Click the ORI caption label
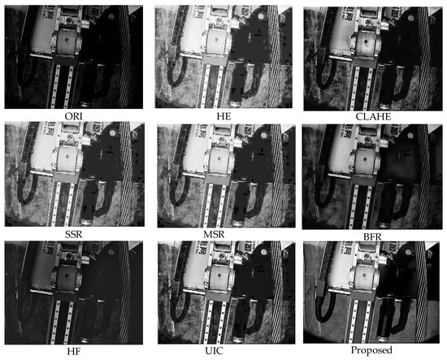click(x=73, y=116)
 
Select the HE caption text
click(x=223, y=116)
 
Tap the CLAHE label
click(x=373, y=116)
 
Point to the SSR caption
click(x=73, y=234)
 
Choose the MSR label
click(x=214, y=234)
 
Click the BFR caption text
click(x=372, y=236)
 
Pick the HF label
click(x=73, y=351)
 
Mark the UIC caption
click(x=214, y=351)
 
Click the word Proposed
click(x=371, y=350)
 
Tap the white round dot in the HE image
click(x=261, y=16)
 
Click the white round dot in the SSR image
click(x=112, y=133)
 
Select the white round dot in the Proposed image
click(x=410, y=252)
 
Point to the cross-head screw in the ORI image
click(x=70, y=20)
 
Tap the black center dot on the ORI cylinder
click(x=67, y=40)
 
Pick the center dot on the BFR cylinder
click(x=365, y=158)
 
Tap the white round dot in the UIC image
click(x=263, y=252)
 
